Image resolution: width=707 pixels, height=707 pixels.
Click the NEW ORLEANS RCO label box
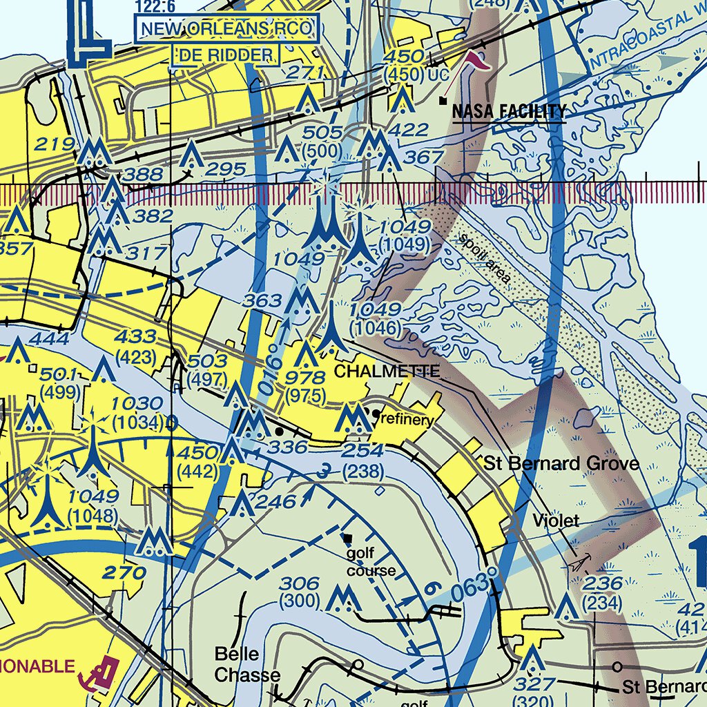pos(228,28)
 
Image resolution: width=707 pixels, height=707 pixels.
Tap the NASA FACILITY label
pos(509,111)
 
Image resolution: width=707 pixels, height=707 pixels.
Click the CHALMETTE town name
pos(387,371)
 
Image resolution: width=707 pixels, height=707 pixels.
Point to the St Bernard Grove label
pos(561,463)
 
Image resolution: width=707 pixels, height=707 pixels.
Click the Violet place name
pos(556,521)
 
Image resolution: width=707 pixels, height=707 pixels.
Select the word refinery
pos(407,420)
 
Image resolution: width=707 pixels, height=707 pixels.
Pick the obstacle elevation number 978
pos(307,378)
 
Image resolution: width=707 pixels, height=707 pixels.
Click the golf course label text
pos(371,563)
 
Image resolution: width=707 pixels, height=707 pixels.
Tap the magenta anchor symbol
pos(93,668)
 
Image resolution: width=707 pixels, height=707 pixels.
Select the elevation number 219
pos(57,144)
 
